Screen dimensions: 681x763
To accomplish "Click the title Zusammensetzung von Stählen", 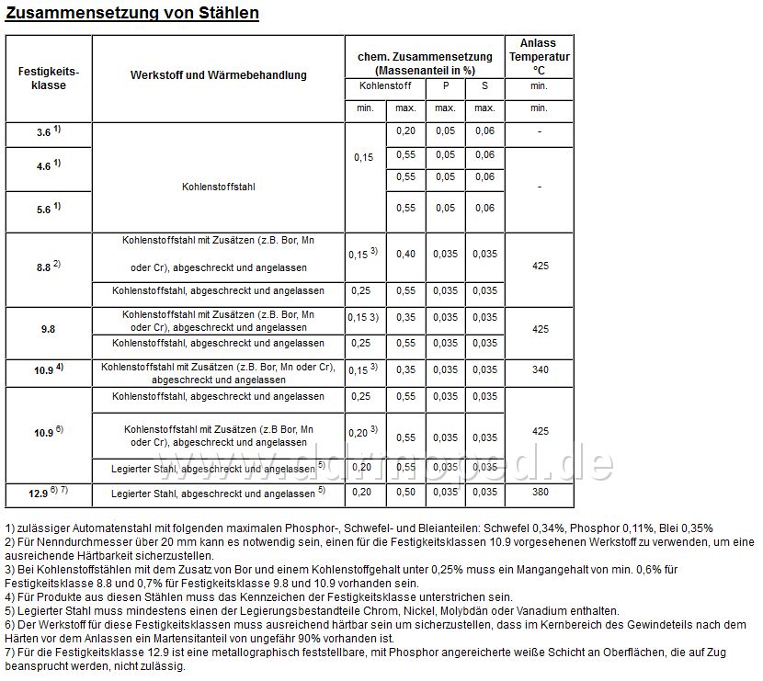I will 131,13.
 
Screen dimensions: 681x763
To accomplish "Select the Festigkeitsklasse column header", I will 49,77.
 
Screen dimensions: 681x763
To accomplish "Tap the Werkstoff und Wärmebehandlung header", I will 219,74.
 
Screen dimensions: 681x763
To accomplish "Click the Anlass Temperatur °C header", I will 539,56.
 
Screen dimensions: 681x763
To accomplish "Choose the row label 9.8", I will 49,325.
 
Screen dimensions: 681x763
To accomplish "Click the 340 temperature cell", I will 540,369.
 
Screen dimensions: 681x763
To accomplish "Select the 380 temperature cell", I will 540,493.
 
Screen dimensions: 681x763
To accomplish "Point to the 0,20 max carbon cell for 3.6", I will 405,131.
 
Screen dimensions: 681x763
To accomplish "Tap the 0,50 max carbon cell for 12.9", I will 405,493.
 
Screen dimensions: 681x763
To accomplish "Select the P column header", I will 446,85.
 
